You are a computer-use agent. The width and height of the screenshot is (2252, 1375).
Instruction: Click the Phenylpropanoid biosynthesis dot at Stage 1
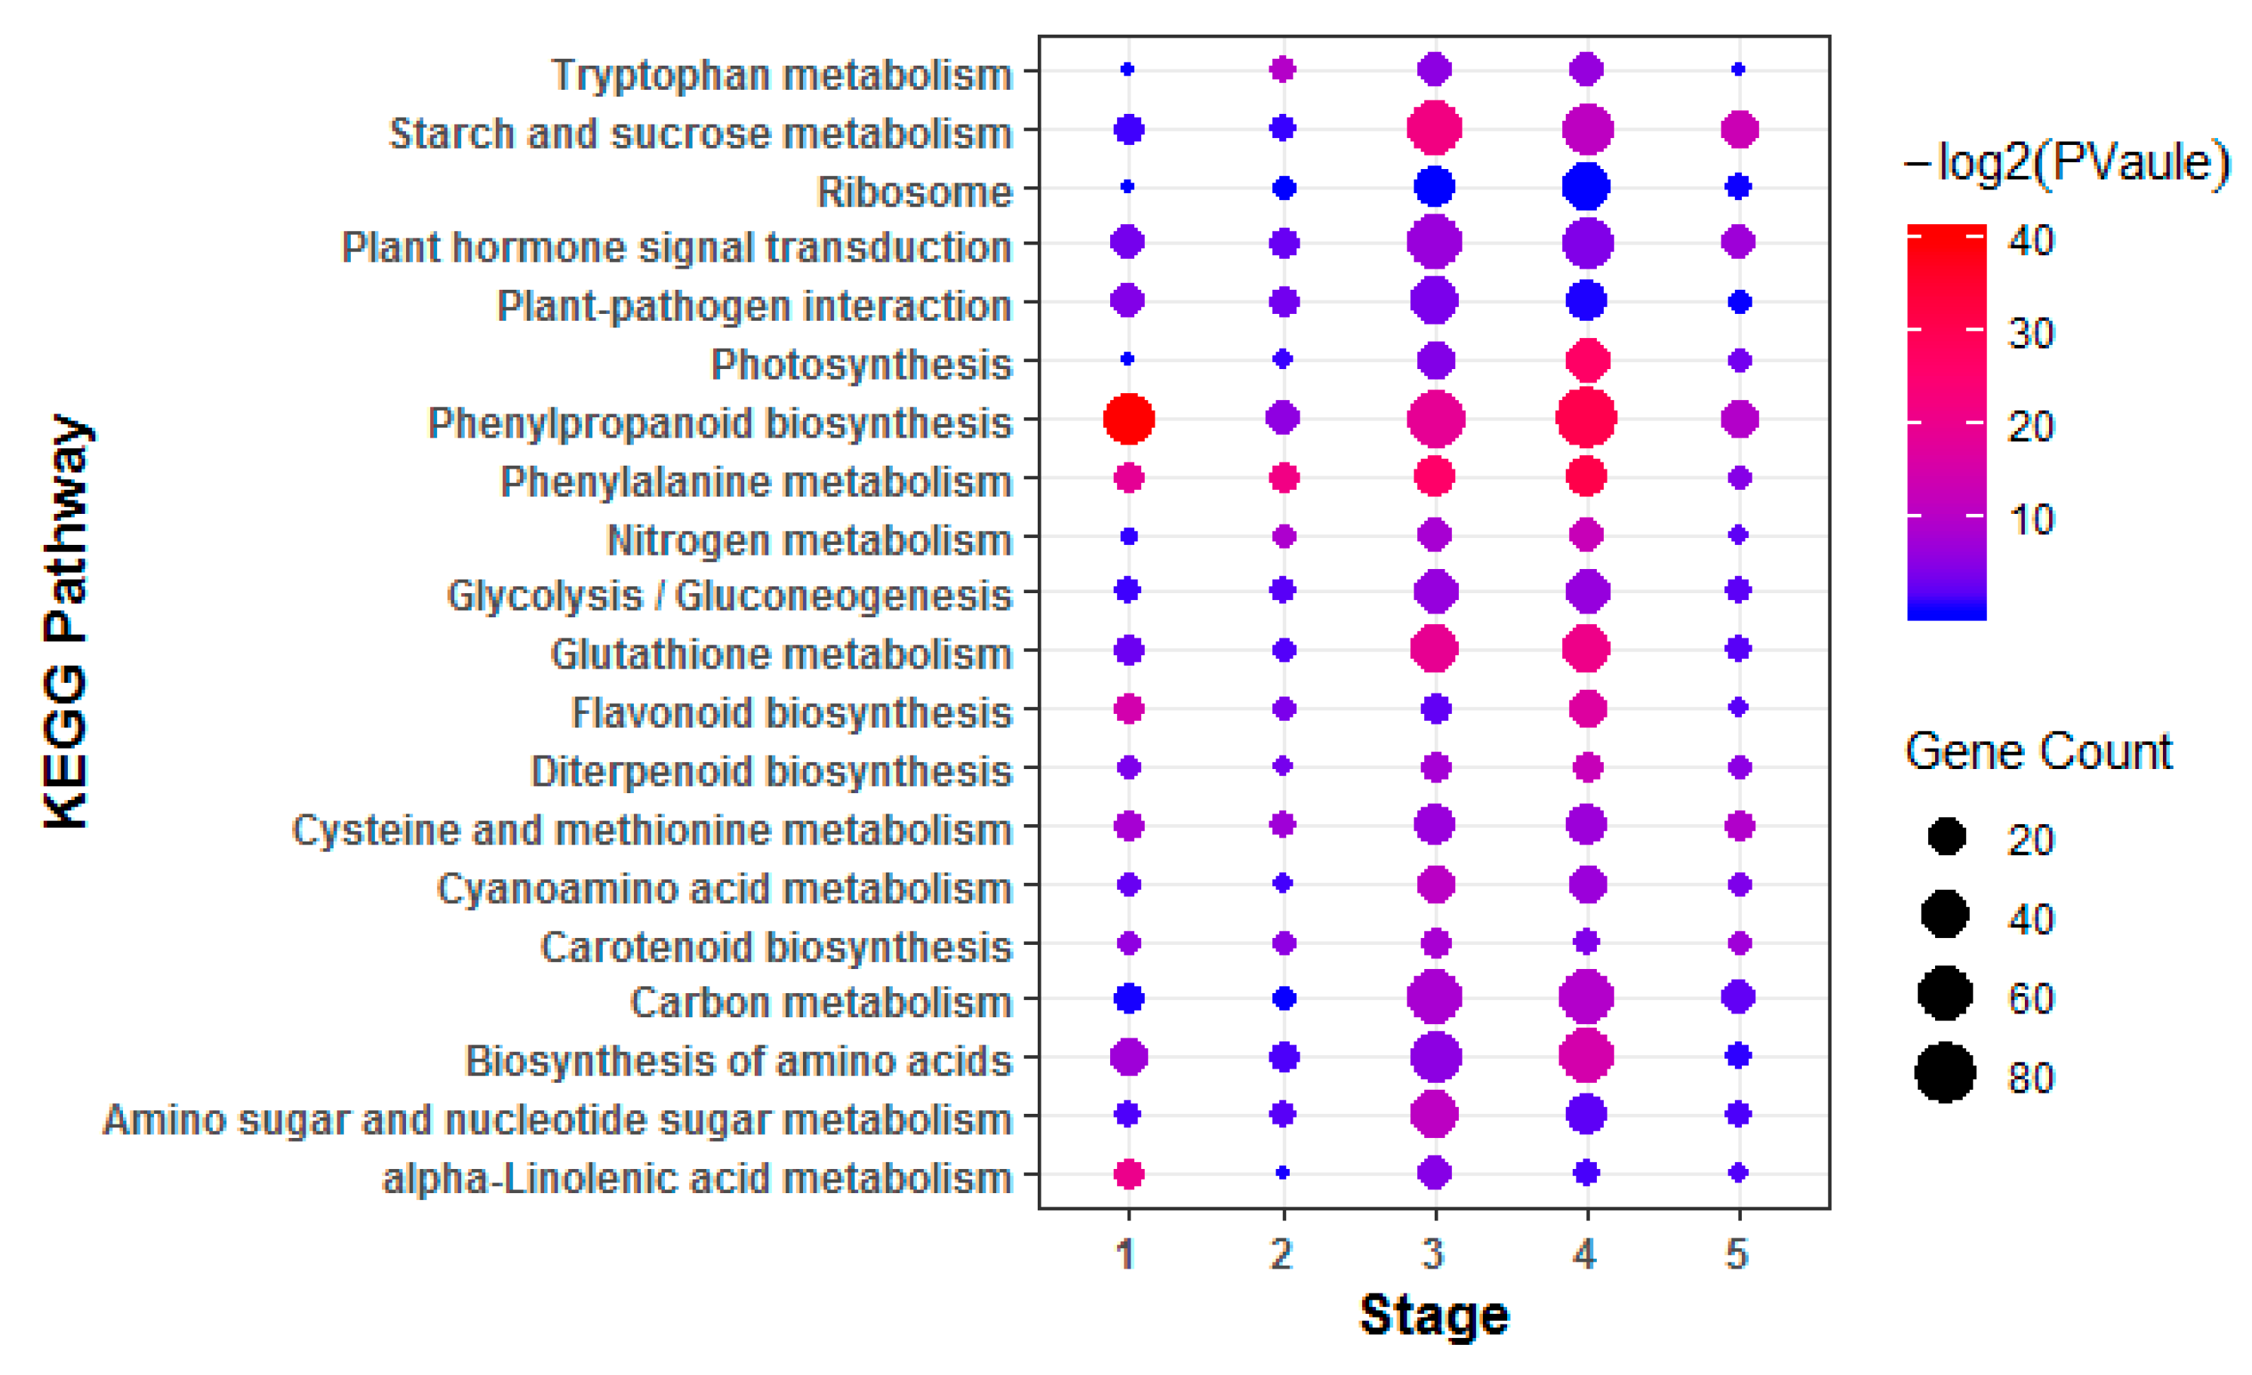(x=1129, y=419)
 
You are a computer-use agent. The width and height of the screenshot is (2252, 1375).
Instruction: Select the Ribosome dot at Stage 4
(x=1586, y=186)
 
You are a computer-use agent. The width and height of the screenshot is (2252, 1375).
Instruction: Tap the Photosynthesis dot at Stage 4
(x=1586, y=360)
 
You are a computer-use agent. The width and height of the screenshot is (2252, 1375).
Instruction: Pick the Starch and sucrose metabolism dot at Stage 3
(x=1434, y=128)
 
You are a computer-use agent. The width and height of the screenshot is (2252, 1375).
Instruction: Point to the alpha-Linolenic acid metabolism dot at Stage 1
(x=1129, y=1173)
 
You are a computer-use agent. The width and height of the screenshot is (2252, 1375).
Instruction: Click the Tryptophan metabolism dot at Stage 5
(x=1738, y=69)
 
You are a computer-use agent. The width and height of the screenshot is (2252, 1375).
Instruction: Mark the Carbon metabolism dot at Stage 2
(x=1283, y=998)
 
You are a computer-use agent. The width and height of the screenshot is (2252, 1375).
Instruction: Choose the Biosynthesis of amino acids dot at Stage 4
(x=1586, y=1056)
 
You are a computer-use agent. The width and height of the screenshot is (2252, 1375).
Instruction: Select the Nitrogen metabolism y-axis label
(x=809, y=540)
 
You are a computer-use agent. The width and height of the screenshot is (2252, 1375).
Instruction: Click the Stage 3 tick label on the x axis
(x=1433, y=1254)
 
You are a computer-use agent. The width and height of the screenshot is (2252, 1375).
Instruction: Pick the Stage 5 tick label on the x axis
(x=1737, y=1254)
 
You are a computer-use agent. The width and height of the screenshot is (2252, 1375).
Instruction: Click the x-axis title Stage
(x=1434, y=1316)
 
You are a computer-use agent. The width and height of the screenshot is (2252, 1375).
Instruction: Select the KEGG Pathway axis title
(x=66, y=622)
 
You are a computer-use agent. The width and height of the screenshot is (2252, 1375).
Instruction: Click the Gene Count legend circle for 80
(x=1945, y=1072)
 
